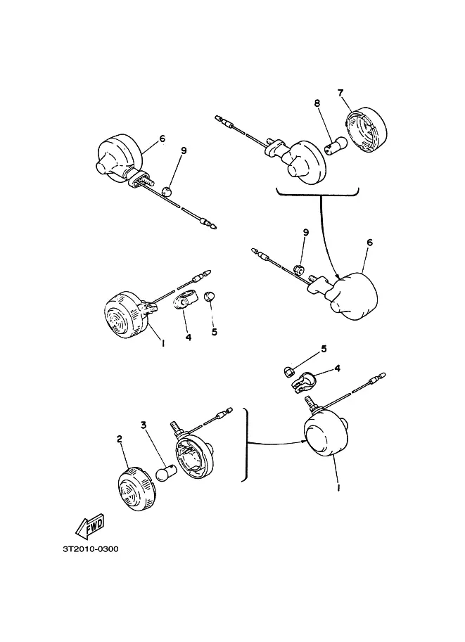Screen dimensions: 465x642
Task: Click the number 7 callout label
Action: tap(340, 93)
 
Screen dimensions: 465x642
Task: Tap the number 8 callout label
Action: tap(317, 103)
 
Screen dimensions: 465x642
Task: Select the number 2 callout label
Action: tap(119, 439)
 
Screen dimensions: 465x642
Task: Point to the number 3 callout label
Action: tap(144, 425)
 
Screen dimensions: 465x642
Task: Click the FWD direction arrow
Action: tap(90, 527)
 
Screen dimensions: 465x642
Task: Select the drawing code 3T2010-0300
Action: tap(91, 548)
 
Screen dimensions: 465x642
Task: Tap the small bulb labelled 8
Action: tap(336, 146)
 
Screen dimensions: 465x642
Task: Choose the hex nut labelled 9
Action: tap(299, 269)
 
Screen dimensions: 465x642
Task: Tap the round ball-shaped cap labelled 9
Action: tap(166, 191)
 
